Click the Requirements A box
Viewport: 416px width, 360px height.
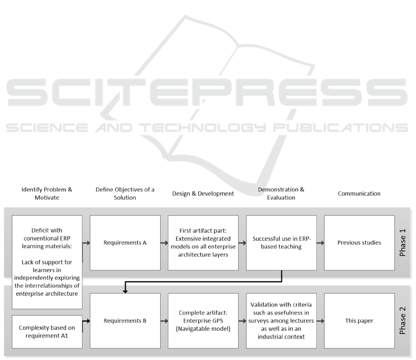pyautogui.click(x=125, y=243)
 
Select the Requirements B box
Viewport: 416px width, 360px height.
pyautogui.click(x=125, y=321)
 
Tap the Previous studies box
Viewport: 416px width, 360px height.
pyautogui.click(x=359, y=243)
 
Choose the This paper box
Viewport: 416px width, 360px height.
pyautogui.click(x=359, y=321)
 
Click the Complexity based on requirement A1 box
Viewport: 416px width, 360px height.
pyautogui.click(x=47, y=332)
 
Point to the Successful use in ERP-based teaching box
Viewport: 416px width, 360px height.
pyautogui.click(x=281, y=243)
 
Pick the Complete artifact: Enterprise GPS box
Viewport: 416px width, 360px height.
pyautogui.click(x=203, y=321)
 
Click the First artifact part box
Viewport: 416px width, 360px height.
pyautogui.click(x=203, y=243)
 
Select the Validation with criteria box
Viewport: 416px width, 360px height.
pyautogui.click(x=281, y=321)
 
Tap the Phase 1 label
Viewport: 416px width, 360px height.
pyautogui.click(x=403, y=243)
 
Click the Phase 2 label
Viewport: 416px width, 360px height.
pyautogui.click(x=403, y=320)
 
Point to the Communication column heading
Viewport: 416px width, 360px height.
pyautogui.click(x=359, y=194)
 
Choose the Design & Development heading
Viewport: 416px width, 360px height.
pyautogui.click(x=203, y=194)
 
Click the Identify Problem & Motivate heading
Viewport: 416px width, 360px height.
pyautogui.click(x=47, y=194)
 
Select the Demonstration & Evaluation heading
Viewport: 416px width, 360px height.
pyautogui.click(x=281, y=194)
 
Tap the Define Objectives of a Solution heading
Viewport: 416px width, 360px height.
pyautogui.click(x=125, y=194)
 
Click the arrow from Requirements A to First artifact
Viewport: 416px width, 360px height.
pyautogui.click(x=164, y=243)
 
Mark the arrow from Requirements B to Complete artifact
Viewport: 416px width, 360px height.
pyautogui.click(x=164, y=321)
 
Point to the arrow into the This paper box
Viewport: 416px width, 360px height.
pyautogui.click(x=320, y=321)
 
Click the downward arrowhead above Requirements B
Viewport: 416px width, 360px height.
pyautogui.click(x=125, y=292)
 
